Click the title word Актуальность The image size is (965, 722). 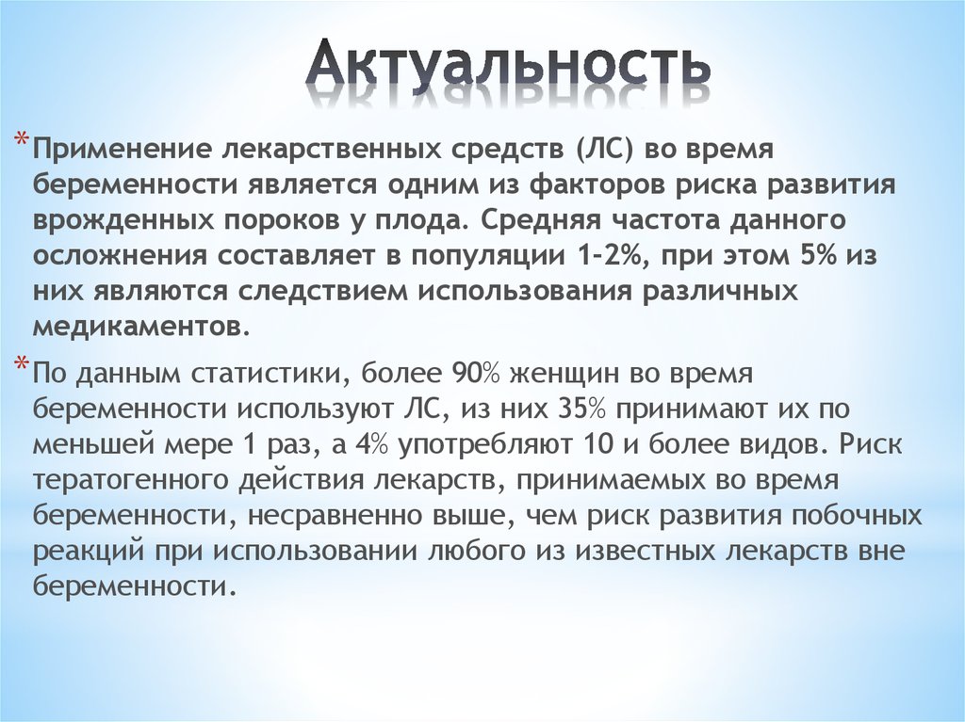pos(509,65)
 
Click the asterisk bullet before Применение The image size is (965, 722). pos(20,141)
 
